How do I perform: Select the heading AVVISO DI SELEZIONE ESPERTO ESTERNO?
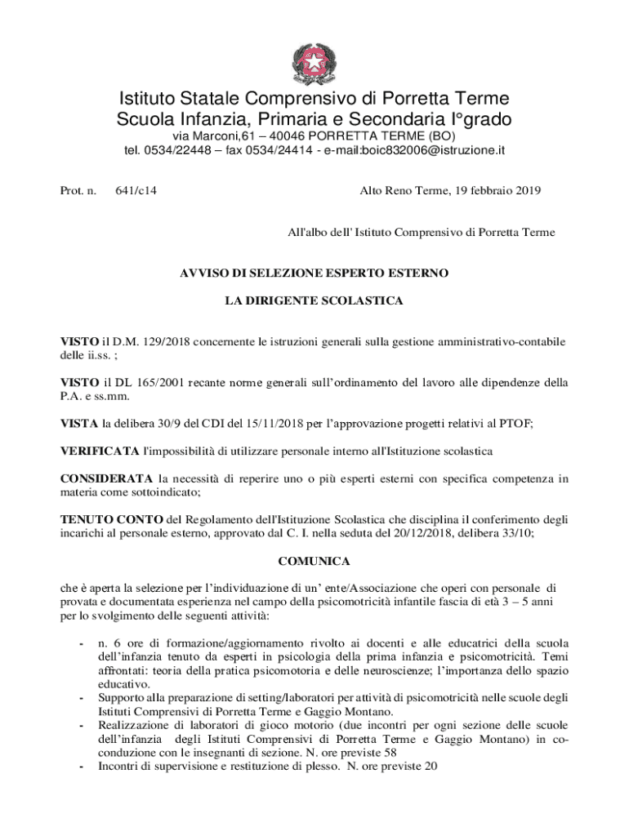point(314,273)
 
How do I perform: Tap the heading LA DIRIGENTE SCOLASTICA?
point(314,301)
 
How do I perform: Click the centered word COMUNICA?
point(314,562)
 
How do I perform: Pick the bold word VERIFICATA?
point(100,451)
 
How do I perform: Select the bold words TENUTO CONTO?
point(112,519)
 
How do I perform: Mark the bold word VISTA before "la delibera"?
point(79,423)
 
